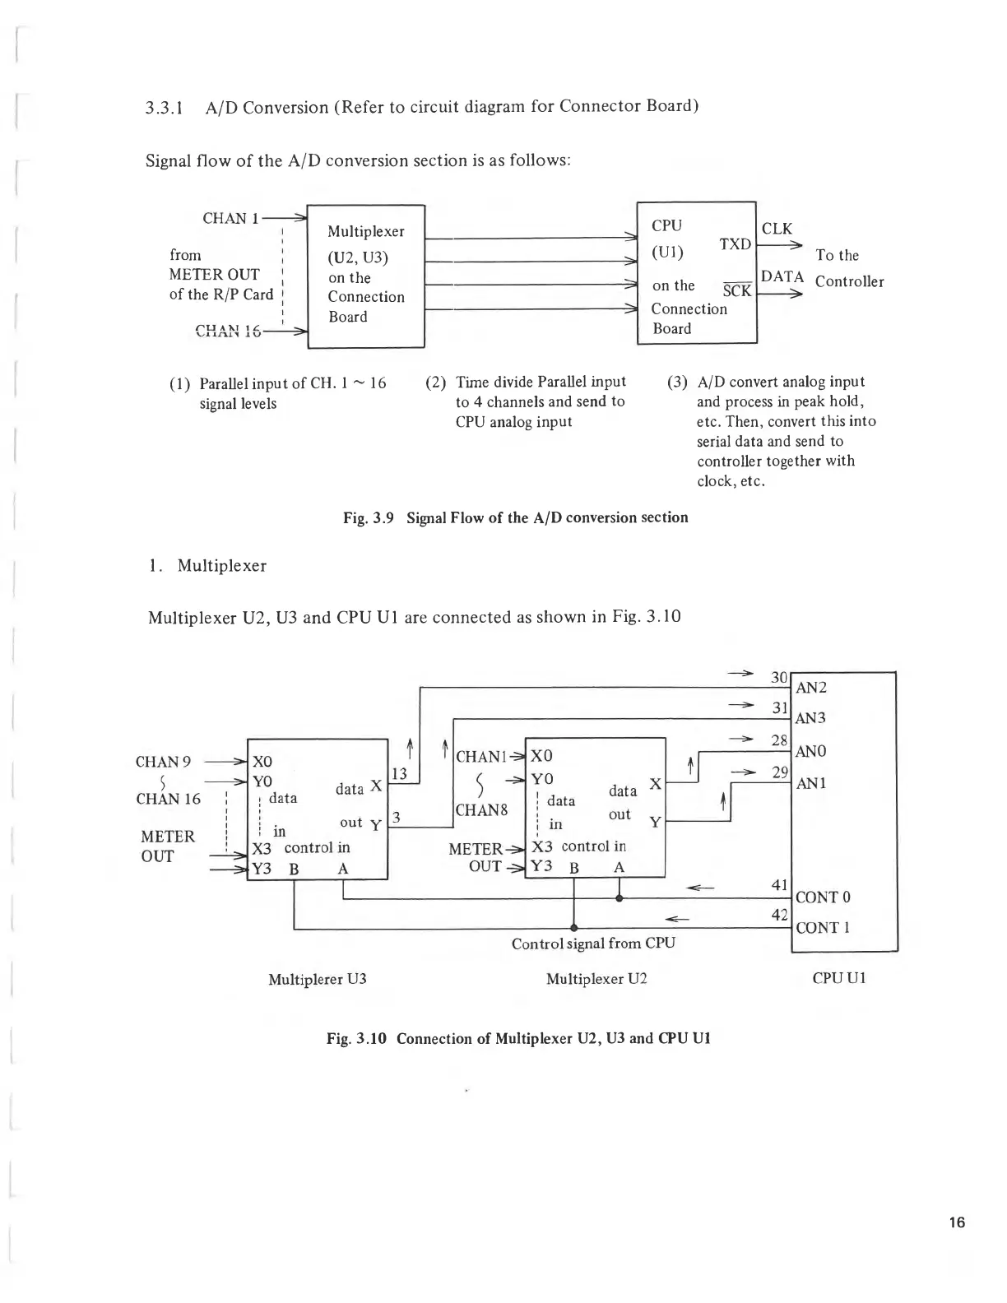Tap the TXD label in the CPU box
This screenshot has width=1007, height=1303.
(735, 244)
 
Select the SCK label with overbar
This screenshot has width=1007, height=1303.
(736, 290)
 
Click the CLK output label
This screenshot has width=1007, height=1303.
(777, 229)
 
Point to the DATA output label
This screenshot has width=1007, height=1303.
(782, 276)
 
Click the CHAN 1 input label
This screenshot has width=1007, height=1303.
(230, 218)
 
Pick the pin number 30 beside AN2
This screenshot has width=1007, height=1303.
(779, 678)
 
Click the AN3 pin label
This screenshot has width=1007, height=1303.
(810, 718)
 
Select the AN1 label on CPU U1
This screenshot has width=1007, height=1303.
(810, 783)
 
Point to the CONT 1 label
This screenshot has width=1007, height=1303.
(822, 928)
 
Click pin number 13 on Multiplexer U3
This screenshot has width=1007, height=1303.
(399, 773)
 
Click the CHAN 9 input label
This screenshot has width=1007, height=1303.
(163, 762)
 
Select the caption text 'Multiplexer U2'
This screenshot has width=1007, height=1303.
(596, 979)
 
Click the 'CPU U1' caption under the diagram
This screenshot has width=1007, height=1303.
(838, 978)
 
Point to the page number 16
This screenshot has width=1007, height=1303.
(956, 1222)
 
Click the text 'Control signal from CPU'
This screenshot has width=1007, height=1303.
(593, 944)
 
